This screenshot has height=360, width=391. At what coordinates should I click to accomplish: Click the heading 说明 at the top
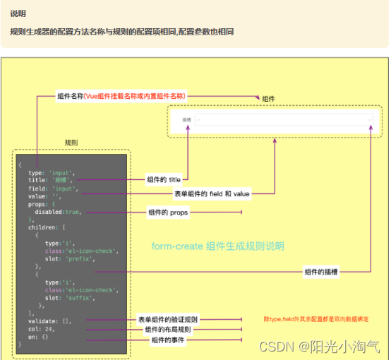tap(18, 13)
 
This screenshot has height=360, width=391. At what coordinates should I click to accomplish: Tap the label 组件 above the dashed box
tap(268, 98)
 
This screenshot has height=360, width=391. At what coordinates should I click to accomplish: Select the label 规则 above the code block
tap(71, 142)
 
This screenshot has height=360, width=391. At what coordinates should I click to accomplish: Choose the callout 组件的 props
tap(170, 212)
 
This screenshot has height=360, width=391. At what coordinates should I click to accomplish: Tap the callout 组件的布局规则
tap(167, 330)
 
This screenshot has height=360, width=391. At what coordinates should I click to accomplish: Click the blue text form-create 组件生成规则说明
tap(218, 246)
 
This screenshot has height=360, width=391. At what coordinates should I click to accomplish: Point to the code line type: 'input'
tap(52, 172)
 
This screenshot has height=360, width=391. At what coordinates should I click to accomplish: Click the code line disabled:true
tap(59, 211)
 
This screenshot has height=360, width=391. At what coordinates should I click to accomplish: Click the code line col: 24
tap(42, 329)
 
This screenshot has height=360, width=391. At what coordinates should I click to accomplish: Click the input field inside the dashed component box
tap(282, 120)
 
